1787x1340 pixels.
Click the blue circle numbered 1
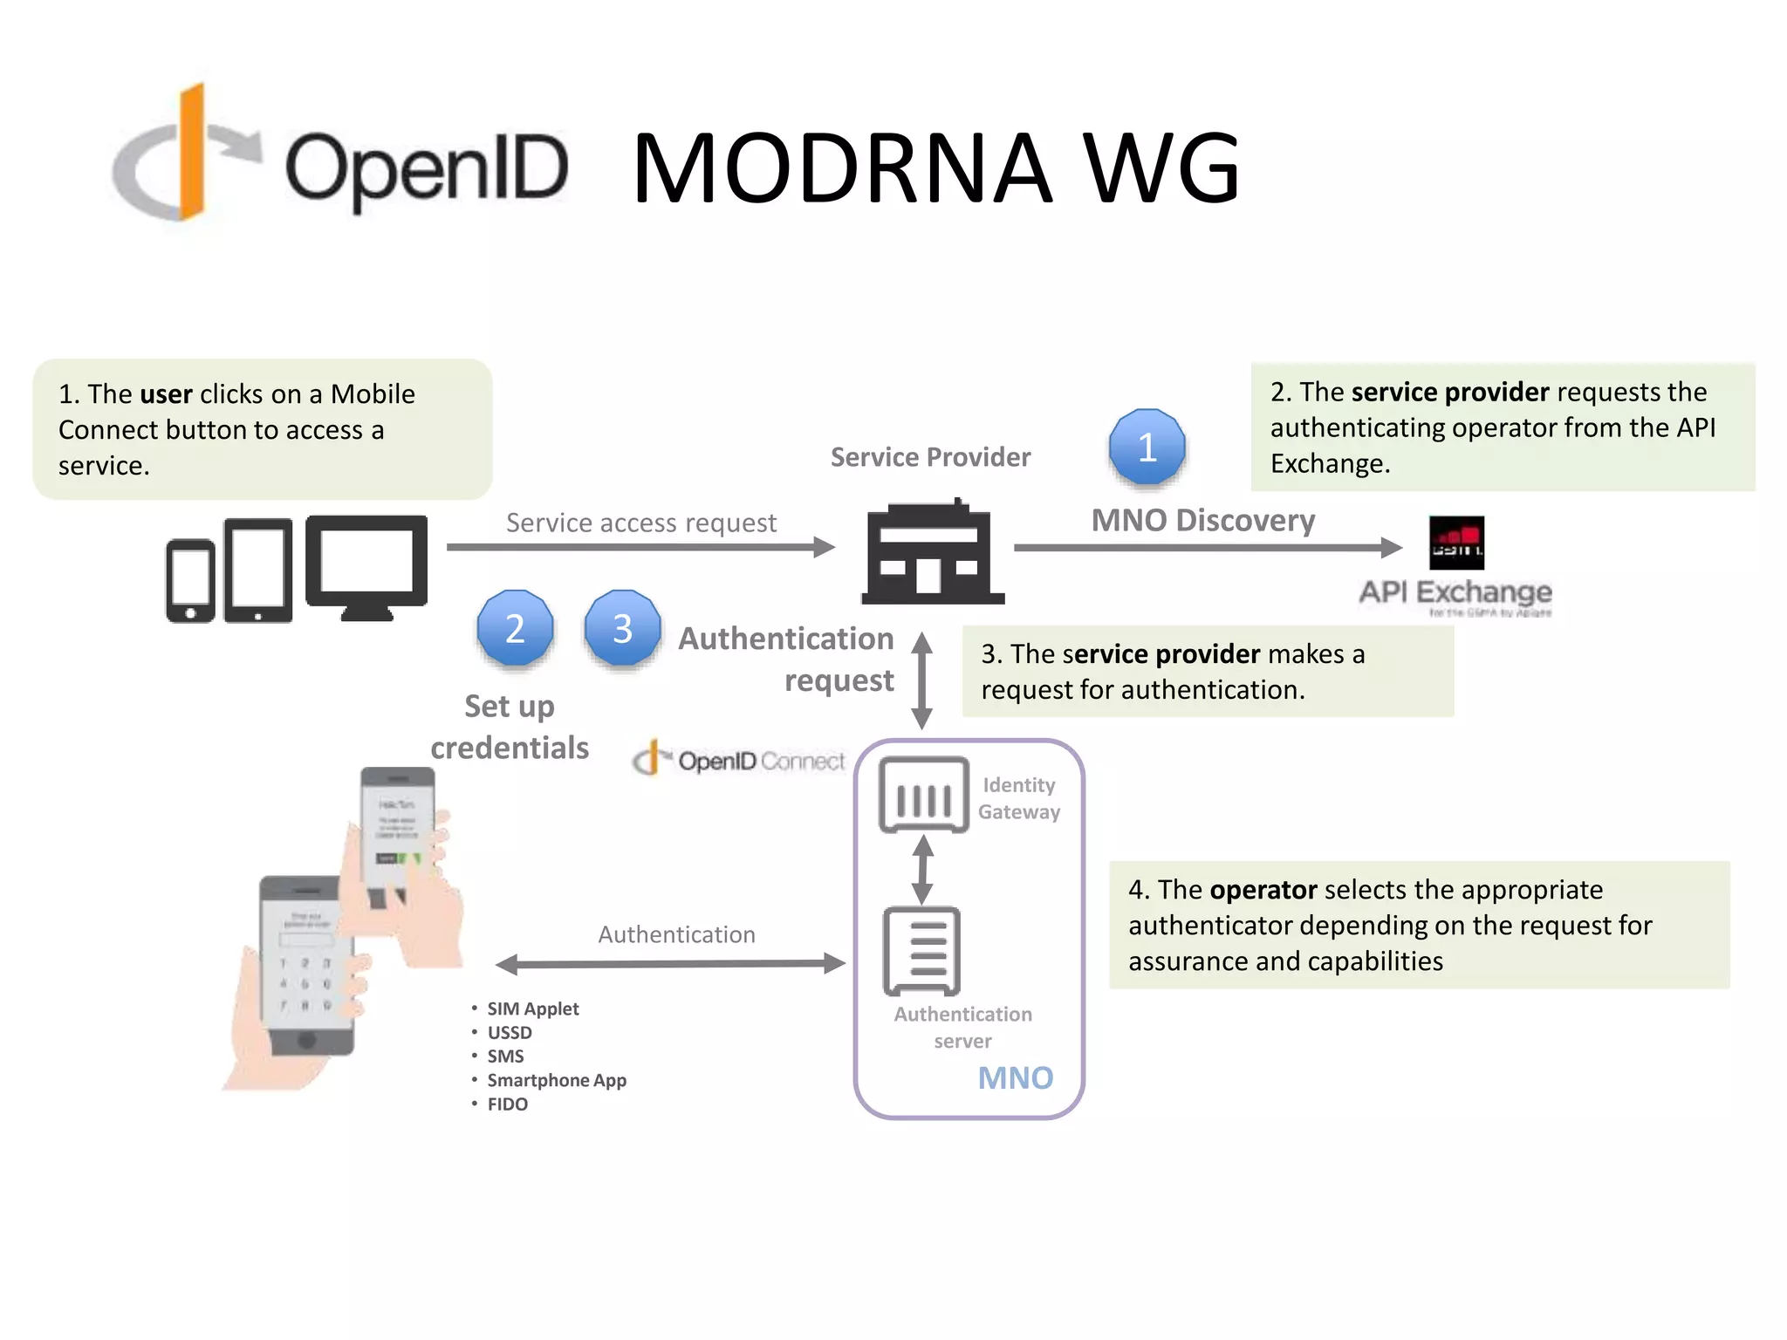[x=1147, y=447]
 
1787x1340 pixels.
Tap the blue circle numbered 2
[x=515, y=628]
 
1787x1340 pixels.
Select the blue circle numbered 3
[x=622, y=628]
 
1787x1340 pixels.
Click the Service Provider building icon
[x=932, y=553]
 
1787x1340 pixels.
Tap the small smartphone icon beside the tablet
[x=190, y=580]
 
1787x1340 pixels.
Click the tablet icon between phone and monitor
[x=257, y=571]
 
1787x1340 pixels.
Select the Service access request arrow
[x=640, y=547]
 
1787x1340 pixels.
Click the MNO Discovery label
[x=1202, y=521]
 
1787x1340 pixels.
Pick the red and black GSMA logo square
[x=1455, y=543]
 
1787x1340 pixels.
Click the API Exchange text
[x=1455, y=592]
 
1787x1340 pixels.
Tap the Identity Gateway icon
[x=923, y=794]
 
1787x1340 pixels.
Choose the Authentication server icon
[x=921, y=951]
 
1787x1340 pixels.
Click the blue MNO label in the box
[x=1015, y=1078]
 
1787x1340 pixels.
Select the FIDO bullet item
[x=507, y=1104]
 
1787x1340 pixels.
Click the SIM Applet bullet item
[x=532, y=1009]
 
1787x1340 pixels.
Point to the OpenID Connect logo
[x=739, y=760]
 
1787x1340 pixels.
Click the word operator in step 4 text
[x=1263, y=890]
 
